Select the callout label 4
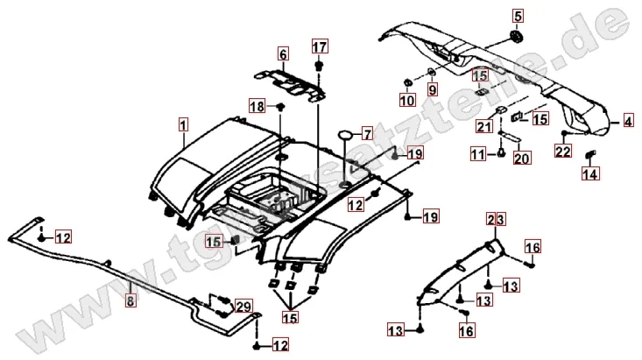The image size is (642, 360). click(627, 123)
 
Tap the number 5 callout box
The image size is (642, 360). click(517, 16)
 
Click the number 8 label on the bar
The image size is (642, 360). click(131, 299)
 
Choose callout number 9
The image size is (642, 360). click(432, 88)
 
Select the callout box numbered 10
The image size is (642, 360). click(407, 100)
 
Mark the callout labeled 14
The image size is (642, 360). click(589, 173)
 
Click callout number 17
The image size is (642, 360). click(319, 46)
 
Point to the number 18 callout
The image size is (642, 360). click(257, 106)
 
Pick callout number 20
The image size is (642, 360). click(521, 158)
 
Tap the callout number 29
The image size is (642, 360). click(243, 306)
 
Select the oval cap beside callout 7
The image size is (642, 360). click(345, 133)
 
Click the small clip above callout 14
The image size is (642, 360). click(589, 156)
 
